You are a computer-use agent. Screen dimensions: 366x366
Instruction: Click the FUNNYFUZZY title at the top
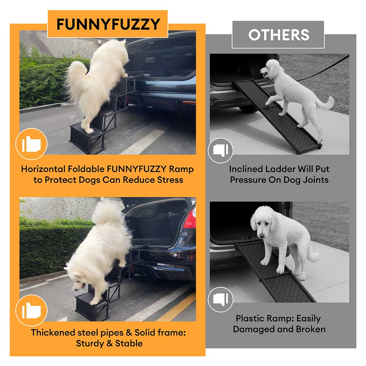(108, 24)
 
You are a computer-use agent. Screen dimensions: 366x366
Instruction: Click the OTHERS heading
(279, 35)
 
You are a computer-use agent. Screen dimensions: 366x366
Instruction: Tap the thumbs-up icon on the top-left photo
(31, 144)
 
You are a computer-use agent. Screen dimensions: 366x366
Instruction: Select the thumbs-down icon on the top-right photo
(221, 150)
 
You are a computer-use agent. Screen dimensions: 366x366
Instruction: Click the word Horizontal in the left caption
(43, 169)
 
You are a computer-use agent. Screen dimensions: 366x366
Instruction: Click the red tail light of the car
(190, 220)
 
